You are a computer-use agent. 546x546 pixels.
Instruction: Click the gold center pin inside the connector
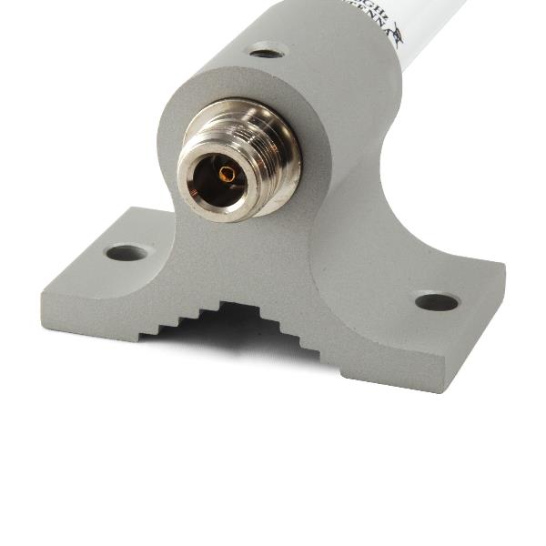[227, 171]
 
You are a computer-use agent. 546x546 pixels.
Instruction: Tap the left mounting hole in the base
[126, 252]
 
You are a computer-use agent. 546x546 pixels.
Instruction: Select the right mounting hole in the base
[437, 301]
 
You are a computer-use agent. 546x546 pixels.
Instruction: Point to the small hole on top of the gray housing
[267, 51]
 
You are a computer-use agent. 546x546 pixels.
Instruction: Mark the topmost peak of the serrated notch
[237, 306]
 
